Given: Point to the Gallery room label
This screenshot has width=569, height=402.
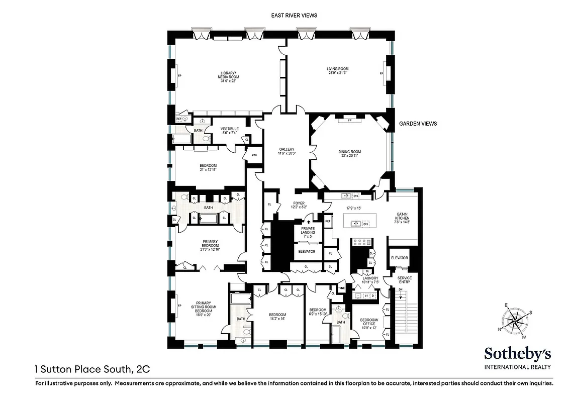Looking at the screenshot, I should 287,152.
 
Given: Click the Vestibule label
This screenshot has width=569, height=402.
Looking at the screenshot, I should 229,131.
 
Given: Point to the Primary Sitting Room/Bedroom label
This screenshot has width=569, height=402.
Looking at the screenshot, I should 204,307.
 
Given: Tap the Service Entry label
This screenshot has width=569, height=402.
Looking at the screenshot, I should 404,280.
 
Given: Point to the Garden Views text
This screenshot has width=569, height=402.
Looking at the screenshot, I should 418,124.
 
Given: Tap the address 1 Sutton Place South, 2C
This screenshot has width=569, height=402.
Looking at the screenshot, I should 92,369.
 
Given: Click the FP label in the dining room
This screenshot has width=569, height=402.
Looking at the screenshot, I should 349,121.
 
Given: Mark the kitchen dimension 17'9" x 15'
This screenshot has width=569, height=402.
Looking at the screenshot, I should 353,208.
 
